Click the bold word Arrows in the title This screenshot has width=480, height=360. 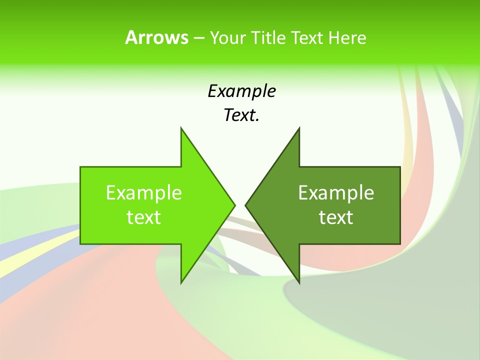[156, 37]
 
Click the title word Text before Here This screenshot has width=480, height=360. [307, 37]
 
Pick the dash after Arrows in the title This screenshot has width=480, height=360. [198, 38]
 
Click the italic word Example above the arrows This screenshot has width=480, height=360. [241, 91]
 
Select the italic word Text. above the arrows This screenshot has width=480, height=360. [241, 115]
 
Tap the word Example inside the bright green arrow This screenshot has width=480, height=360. [144, 193]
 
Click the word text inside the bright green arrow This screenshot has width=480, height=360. [144, 217]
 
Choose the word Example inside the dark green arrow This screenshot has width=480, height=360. [336, 193]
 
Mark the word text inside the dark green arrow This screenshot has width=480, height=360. [336, 217]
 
